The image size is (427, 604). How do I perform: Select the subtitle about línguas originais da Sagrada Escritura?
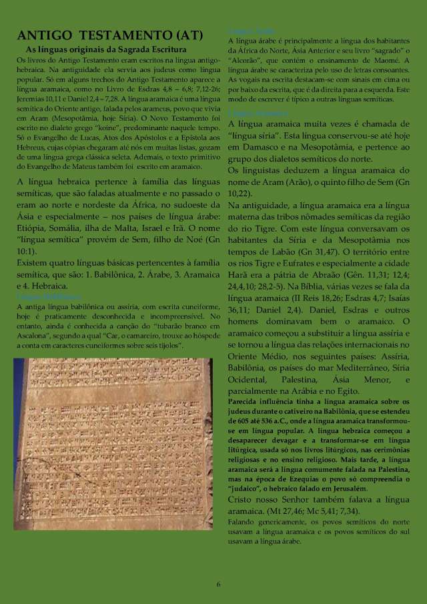click(106, 50)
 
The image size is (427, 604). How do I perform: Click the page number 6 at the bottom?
click(218, 585)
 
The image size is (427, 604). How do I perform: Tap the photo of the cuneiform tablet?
click(113, 444)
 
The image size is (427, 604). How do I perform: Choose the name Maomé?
click(398, 61)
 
